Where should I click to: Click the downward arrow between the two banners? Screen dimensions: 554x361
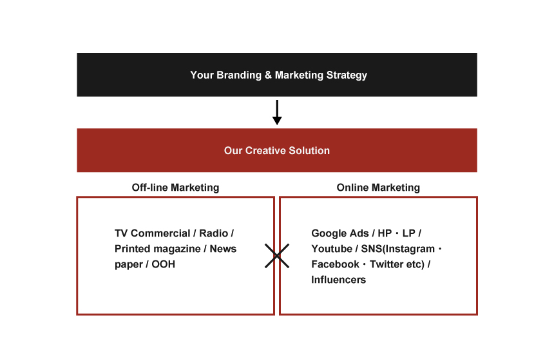pos(277,112)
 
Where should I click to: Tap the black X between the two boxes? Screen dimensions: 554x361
pos(277,256)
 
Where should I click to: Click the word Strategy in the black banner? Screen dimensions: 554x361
pos(347,75)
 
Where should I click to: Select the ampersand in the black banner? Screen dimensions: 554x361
pos(268,75)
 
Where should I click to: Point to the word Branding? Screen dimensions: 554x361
pos(239,75)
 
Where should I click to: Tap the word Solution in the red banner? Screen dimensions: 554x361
pos(309,151)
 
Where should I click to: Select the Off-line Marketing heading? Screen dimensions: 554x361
pos(175,188)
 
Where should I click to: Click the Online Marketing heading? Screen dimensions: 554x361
pos(378,188)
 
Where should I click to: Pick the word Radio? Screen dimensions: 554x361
pos(213,233)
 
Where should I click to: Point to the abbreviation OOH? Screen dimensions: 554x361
pos(163,264)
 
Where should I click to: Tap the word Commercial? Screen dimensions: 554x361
pos(160,233)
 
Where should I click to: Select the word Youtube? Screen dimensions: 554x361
pos(332,249)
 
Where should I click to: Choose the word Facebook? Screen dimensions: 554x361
pos(335,264)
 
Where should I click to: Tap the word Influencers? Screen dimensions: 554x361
pos(338,280)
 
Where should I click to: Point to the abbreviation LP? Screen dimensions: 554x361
pos(409,233)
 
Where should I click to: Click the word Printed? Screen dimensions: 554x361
pos(130,249)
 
